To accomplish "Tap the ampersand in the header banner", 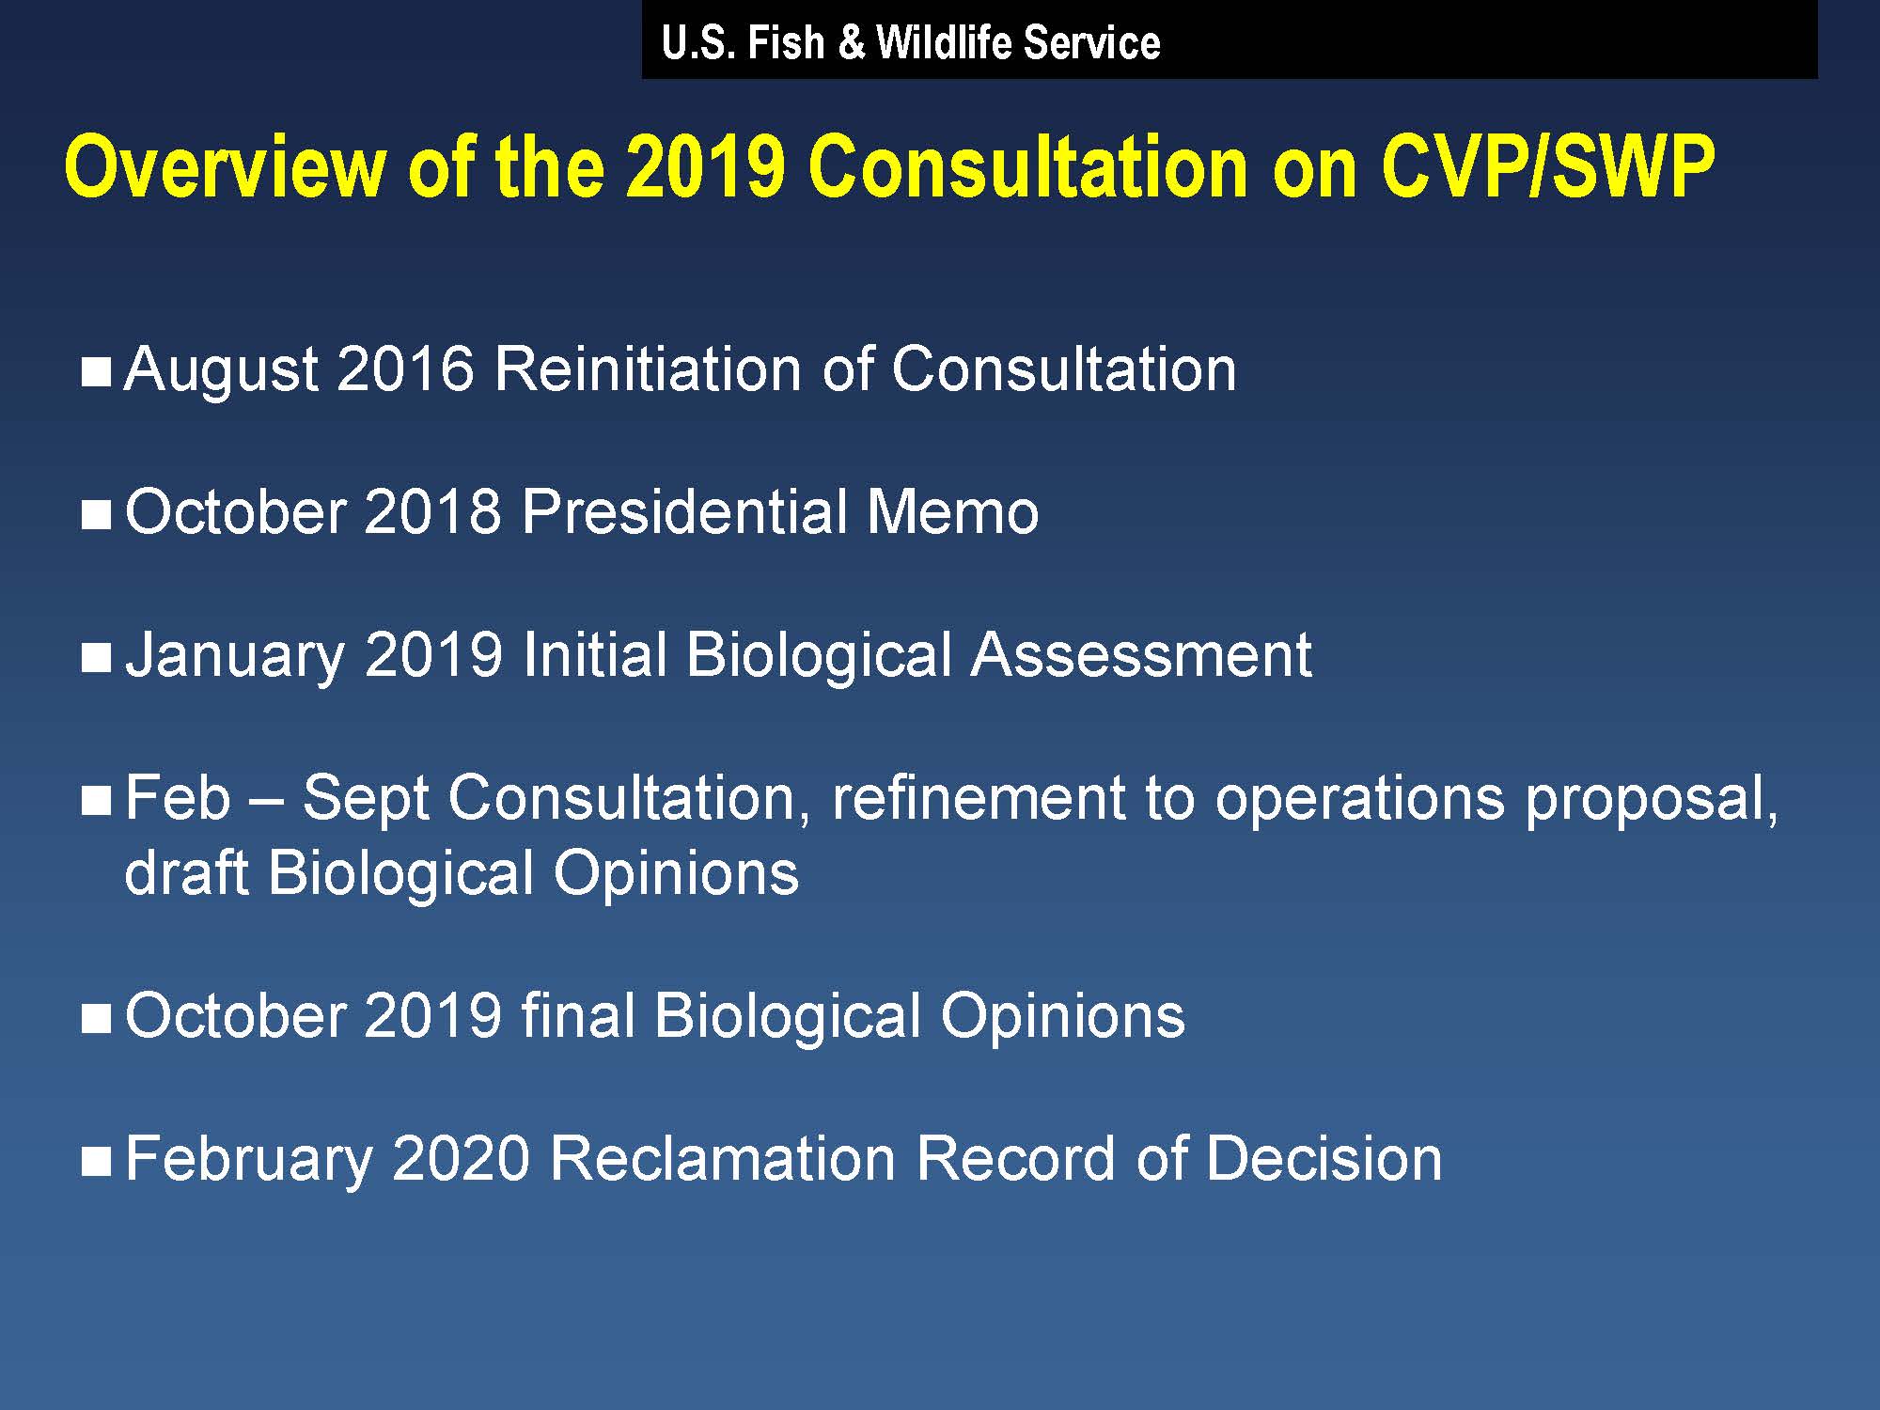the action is (851, 42).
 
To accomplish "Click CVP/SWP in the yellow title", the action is (1548, 167).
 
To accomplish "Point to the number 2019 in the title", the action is (704, 166).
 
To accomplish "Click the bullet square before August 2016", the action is (97, 371).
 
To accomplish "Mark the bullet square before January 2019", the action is (97, 657).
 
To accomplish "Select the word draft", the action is (185, 872).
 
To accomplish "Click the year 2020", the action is (462, 1158).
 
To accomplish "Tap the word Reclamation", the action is (722, 1158).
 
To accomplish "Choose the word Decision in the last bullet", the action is (1324, 1158).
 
